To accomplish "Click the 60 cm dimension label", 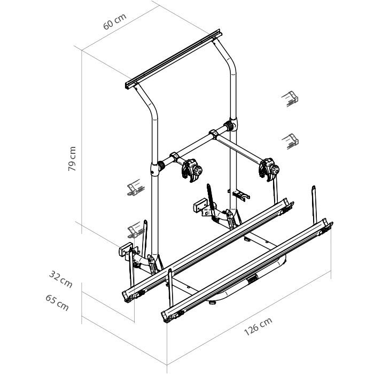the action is pos(115,22).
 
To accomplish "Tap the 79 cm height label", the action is pos(72,159).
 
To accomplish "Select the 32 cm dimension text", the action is pos(60,279).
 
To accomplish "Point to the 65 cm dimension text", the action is pos(57,303).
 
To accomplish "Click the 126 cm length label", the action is pos(258,326).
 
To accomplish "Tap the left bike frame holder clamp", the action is pos(191,170).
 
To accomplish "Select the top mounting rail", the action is pos(174,59).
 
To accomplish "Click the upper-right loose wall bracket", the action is pos(290,99).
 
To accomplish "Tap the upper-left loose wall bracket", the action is pos(136,188).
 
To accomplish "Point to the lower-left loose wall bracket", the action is pos(136,230).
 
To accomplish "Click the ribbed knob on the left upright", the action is pos(161,166).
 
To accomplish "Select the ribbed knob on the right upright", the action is pos(229,126).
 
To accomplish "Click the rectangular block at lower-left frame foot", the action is pos(126,249).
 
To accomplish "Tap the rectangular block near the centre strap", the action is pos(200,205).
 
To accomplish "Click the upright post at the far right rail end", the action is pos(314,205).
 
